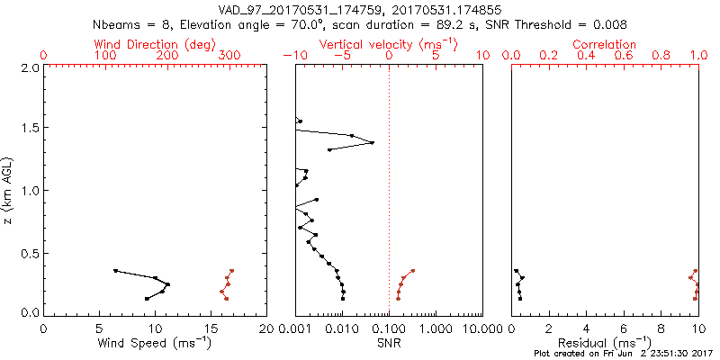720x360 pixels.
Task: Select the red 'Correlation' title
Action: click(x=605, y=44)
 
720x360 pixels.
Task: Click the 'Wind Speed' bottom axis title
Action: click(x=155, y=343)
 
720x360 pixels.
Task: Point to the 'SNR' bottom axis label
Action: click(x=389, y=343)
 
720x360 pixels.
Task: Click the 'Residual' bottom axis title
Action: click(x=605, y=343)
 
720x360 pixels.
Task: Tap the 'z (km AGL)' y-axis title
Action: click(x=9, y=190)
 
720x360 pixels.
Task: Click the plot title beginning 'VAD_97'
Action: click(x=360, y=9)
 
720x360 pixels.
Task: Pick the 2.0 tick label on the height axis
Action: click(x=29, y=67)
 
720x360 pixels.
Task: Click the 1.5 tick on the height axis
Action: click(x=29, y=129)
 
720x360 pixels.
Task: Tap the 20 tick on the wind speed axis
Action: click(x=265, y=328)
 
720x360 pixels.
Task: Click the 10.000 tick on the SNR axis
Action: click(x=482, y=328)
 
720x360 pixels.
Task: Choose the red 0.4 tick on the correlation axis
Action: click(x=586, y=56)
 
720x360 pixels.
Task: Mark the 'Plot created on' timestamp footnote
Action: click(x=622, y=354)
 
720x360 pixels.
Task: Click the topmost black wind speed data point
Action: click(x=115, y=270)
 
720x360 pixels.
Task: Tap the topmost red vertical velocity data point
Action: click(x=412, y=270)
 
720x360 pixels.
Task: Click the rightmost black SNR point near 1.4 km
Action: click(x=373, y=142)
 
